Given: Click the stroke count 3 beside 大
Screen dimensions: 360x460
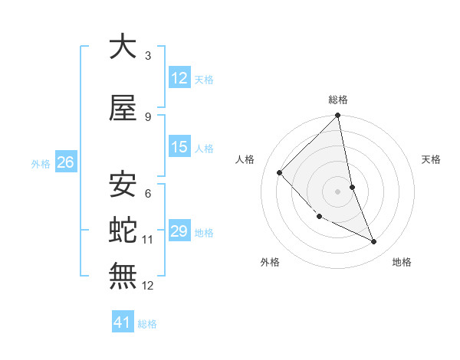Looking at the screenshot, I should pos(147,56).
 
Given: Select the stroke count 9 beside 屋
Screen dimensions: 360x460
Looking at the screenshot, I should pos(147,117).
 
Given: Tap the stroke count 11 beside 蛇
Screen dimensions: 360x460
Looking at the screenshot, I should pos(148,240).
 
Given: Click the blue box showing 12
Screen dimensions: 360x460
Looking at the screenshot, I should pos(179,78).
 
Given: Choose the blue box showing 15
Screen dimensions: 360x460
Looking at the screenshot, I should pos(179,148).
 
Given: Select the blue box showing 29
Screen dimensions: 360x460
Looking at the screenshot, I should pos(179,231).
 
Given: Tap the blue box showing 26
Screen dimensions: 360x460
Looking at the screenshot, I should pos(65,162).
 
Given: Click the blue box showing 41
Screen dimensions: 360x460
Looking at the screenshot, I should pos(123,322).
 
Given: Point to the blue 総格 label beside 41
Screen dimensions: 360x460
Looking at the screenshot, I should pos(147,324).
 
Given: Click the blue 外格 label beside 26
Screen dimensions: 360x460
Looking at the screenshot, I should pos(41,164).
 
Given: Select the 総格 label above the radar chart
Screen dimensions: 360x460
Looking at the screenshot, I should pos(338,100).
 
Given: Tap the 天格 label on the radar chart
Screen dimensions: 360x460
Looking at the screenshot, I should pos(432,159).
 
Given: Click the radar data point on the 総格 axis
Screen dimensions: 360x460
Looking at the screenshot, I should pos(338,116).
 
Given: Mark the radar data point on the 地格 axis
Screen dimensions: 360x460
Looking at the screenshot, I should pos(374,242).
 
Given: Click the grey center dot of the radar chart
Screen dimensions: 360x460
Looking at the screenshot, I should pos(338,191).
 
